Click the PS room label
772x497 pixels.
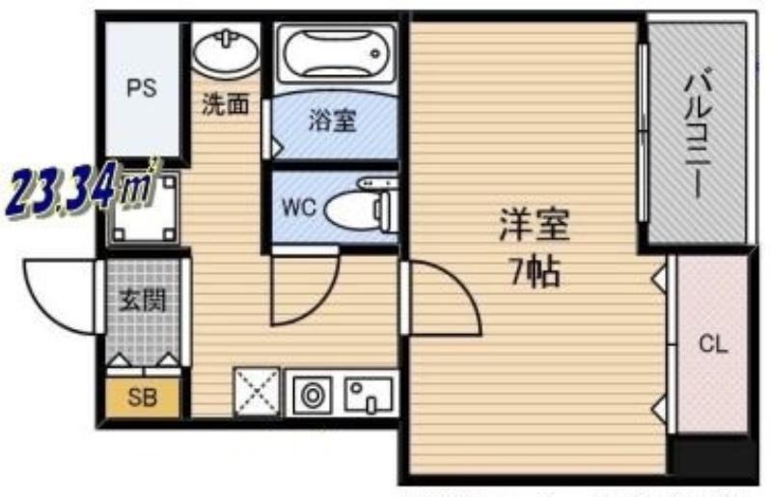(142, 88)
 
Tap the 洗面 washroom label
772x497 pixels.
(226, 104)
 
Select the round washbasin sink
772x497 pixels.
(226, 52)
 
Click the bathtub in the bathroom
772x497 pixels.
(336, 53)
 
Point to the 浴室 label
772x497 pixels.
(333, 121)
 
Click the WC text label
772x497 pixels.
(299, 207)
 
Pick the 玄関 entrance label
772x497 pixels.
(143, 300)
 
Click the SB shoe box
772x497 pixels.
(143, 397)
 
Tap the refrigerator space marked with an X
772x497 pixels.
(257, 392)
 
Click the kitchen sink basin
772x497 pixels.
(370, 395)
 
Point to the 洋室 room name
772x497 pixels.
(535, 225)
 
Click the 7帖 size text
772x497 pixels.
(536, 272)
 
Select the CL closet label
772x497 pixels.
(713, 345)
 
